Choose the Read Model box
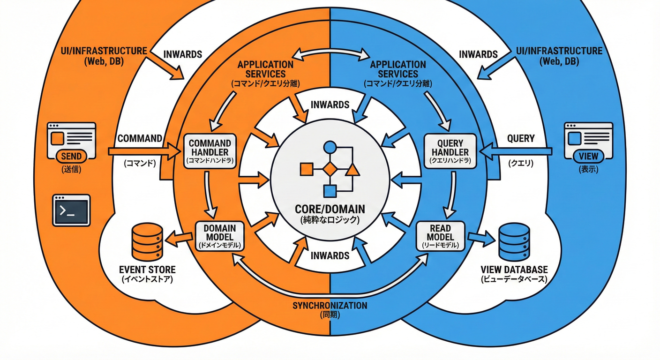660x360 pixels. point(440,236)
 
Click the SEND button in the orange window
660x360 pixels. point(71,157)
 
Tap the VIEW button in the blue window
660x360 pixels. point(589,157)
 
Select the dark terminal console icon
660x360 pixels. point(71,210)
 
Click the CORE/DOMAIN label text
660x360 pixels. point(330,209)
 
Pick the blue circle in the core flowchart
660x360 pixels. point(330,147)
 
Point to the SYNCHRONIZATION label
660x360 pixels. point(330,305)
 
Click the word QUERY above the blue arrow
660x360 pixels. point(521,138)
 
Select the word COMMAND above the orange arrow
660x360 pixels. point(140,138)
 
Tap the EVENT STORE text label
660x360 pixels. point(147,270)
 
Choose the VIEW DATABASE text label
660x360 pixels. point(514,270)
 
